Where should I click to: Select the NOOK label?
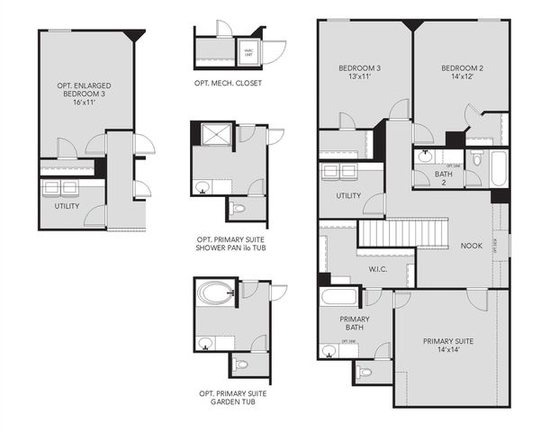click(472, 246)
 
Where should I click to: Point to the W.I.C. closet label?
click(378, 267)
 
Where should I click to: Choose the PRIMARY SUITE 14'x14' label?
click(447, 346)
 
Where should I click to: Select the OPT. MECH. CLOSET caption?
click(229, 83)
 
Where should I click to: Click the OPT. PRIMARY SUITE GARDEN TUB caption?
click(232, 398)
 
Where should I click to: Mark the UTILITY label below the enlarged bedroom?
click(67, 206)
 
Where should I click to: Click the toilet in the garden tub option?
click(240, 364)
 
